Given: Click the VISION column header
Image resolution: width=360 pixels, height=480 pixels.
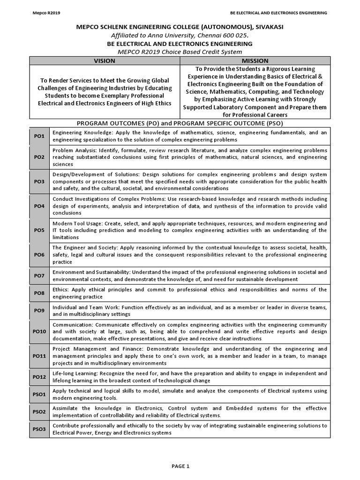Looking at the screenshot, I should [x=104, y=60].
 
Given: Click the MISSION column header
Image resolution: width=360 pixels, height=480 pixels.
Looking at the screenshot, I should [x=255, y=60].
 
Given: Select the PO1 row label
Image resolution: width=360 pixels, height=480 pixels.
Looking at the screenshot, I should [x=39, y=136].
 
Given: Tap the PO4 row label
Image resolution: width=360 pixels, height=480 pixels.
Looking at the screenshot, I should [x=39, y=206].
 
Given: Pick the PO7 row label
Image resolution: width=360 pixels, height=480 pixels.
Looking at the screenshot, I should [x=39, y=276].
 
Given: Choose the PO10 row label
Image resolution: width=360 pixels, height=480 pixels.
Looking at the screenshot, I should [x=39, y=331].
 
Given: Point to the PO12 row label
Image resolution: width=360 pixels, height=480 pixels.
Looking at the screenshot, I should [x=39, y=376].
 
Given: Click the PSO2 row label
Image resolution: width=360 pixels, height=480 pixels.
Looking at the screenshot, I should [x=39, y=412].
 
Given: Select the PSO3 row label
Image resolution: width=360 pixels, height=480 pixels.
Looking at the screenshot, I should [x=39, y=429].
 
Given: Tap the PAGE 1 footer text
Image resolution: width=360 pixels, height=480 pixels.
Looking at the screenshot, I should [x=180, y=466].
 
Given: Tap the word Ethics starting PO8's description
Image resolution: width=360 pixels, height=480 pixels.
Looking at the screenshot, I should [x=61, y=290].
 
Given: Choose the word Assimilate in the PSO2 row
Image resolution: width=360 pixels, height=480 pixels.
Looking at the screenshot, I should [x=66, y=408].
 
